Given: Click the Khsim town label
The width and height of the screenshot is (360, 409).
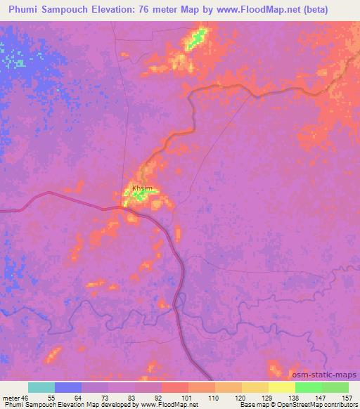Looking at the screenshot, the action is tap(141, 188).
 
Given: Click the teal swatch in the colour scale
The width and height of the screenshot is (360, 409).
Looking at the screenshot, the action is tap(41, 388).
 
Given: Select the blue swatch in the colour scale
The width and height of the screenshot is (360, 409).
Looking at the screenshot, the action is tap(68, 388).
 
